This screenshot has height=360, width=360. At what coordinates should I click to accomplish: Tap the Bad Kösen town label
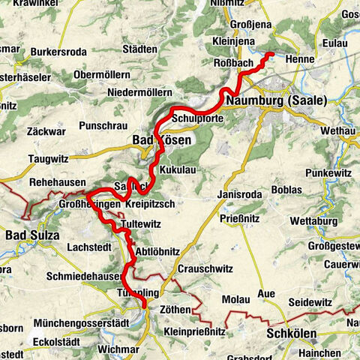pos(163,140)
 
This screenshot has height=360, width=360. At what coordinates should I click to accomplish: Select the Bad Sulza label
pos(31,235)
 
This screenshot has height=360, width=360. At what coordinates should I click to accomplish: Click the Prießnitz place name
pos(241,219)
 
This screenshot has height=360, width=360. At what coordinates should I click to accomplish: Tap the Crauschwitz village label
pos(205,268)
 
